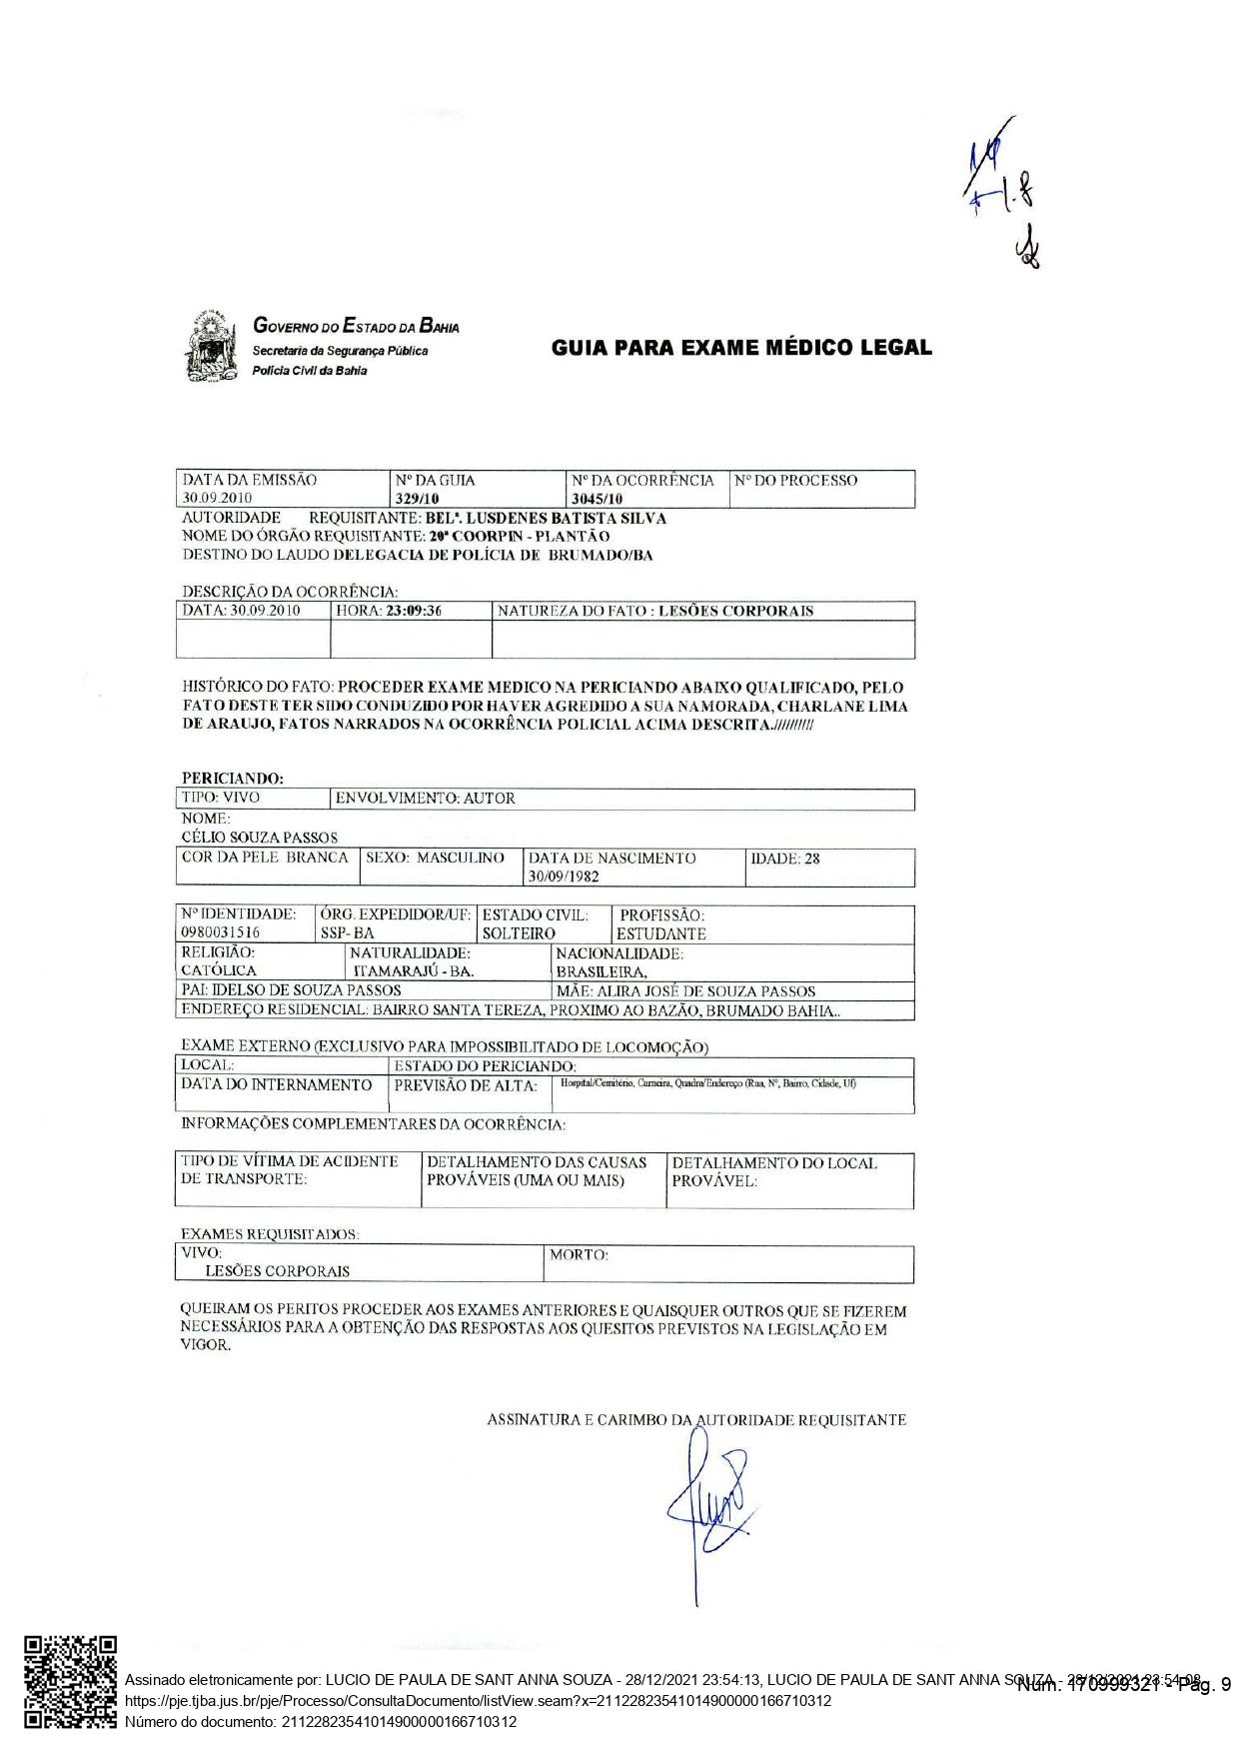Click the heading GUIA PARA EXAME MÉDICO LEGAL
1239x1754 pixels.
(x=740, y=348)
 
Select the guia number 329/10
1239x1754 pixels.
(x=418, y=499)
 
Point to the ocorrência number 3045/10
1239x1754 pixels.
(x=597, y=499)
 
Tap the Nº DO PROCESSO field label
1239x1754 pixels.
(x=795, y=481)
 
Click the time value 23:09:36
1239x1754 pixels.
(x=414, y=611)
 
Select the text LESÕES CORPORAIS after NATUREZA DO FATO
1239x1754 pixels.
(x=735, y=611)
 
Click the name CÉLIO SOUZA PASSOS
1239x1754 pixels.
(x=260, y=838)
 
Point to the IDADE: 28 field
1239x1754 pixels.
(x=785, y=859)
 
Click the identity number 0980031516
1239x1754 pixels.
(x=221, y=932)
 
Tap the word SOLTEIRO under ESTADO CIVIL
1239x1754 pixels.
(x=519, y=933)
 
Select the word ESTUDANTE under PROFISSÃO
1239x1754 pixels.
(x=660, y=933)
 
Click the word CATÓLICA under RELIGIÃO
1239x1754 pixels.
(x=219, y=970)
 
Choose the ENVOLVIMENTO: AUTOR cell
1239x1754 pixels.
(x=426, y=799)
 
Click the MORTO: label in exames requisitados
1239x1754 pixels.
(x=578, y=1254)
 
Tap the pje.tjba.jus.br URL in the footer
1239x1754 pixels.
(x=478, y=1701)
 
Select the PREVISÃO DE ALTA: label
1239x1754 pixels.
(x=466, y=1085)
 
